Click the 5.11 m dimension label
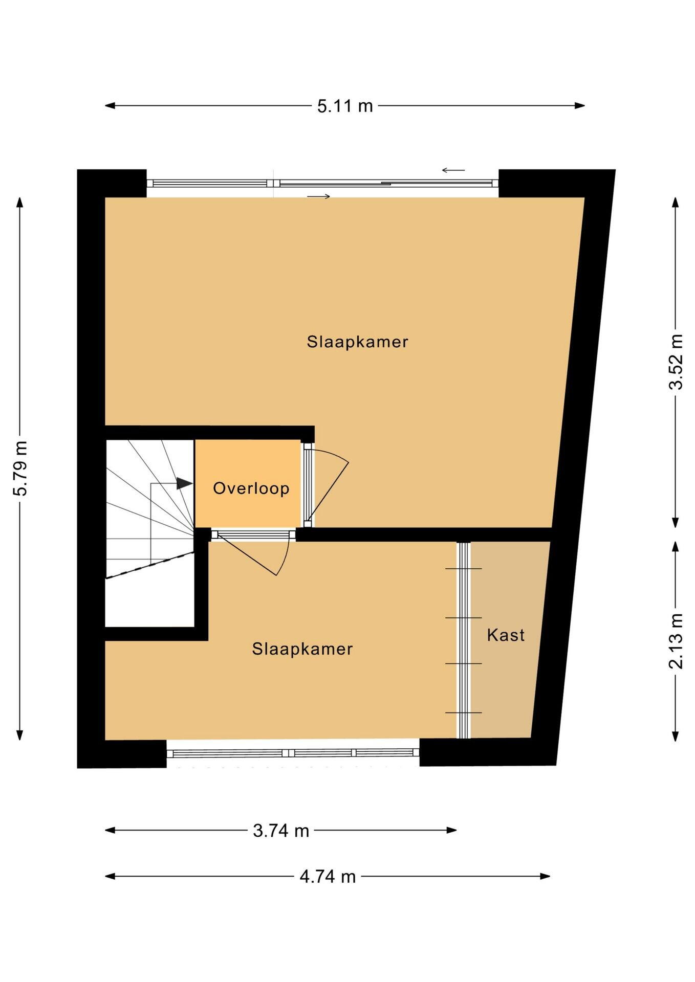click(x=345, y=106)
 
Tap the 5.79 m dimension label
click(x=20, y=468)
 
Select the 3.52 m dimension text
click(x=676, y=362)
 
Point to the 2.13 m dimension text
click(x=676, y=641)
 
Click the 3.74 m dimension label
click(x=281, y=831)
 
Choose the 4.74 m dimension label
click(x=328, y=877)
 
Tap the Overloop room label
click(x=251, y=488)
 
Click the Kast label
click(x=506, y=635)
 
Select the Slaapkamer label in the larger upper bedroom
click(x=357, y=342)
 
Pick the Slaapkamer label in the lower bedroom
click(x=302, y=649)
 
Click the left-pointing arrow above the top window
click(x=453, y=170)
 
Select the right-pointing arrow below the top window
click(x=319, y=196)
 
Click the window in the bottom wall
click(x=293, y=753)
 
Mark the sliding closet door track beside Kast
click(x=463, y=640)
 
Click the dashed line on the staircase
click(x=149, y=565)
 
